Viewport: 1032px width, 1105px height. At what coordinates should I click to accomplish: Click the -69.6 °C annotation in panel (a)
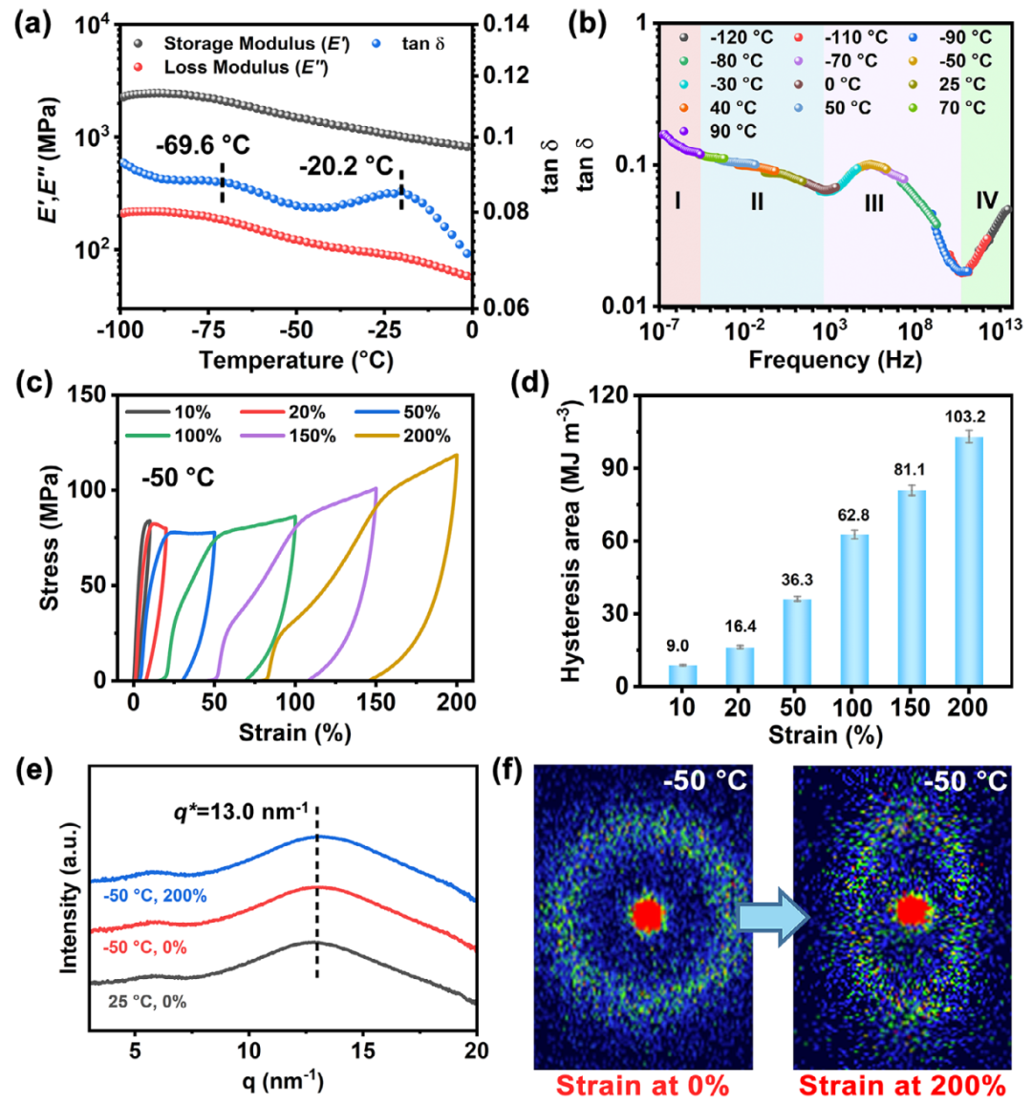coord(203,145)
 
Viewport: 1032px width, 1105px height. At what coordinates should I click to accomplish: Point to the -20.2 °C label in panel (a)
coord(345,167)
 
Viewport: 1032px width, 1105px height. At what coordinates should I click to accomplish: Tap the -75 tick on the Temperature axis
coord(209,329)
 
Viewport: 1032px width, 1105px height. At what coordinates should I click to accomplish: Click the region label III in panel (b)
coord(873,202)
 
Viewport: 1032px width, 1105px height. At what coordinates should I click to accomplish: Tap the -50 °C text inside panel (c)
coord(178,477)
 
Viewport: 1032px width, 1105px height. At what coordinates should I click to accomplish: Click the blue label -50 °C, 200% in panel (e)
coord(155,896)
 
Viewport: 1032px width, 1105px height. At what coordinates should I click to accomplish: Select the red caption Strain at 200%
coord(902,1086)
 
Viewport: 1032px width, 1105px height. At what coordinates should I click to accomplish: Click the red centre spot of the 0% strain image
coord(647,914)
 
